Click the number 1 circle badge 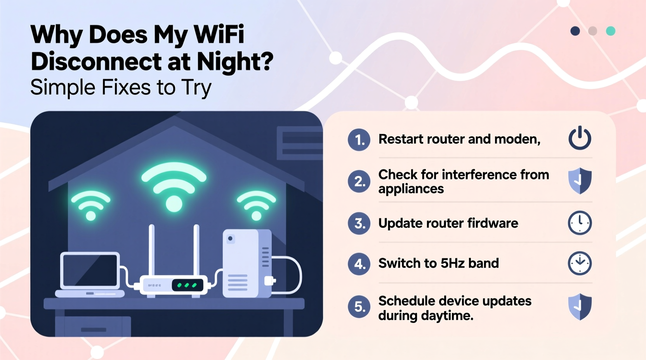click(359, 140)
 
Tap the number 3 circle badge click(359, 223)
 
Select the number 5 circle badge click(359, 307)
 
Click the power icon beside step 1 click(580, 138)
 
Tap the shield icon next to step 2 click(580, 181)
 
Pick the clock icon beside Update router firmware click(580, 223)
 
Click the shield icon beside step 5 click(580, 306)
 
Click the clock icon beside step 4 click(580, 263)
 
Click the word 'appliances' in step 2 click(411, 189)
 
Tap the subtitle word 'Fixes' click(126, 87)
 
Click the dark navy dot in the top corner click(575, 31)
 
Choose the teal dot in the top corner click(611, 31)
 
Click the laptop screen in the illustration click(90, 270)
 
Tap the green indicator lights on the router click(187, 286)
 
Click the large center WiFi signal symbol click(174, 186)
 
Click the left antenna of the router click(152, 250)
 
